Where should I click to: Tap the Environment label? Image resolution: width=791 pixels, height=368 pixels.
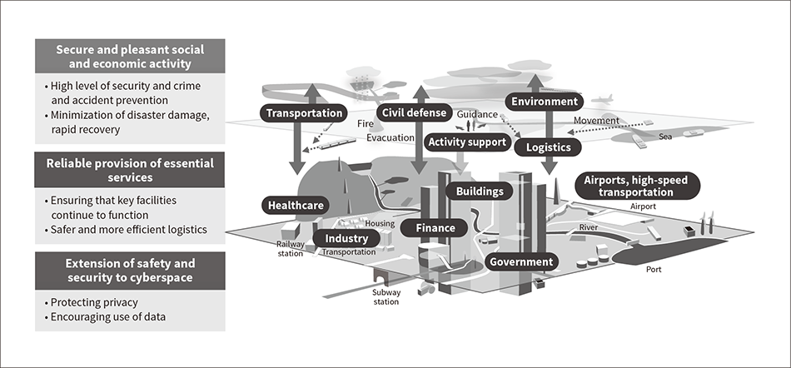[x=544, y=102]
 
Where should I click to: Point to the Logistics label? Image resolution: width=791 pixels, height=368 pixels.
[x=548, y=147]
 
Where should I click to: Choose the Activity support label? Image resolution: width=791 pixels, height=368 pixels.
[x=466, y=142]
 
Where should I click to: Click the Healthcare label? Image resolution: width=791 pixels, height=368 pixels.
[x=296, y=205]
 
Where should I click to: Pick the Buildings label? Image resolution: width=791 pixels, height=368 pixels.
[x=479, y=191]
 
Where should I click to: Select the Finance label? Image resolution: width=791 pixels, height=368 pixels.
[x=435, y=227]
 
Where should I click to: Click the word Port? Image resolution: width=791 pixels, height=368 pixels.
[x=655, y=270]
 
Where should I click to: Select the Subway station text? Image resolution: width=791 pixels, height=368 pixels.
[x=386, y=297]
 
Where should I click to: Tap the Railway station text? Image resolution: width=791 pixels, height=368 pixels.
[x=291, y=248]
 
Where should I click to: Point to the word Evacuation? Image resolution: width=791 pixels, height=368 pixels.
[x=391, y=139]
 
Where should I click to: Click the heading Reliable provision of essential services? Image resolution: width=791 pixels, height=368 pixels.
[x=129, y=169]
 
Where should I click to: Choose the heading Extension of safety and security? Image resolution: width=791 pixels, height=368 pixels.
[x=129, y=271]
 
